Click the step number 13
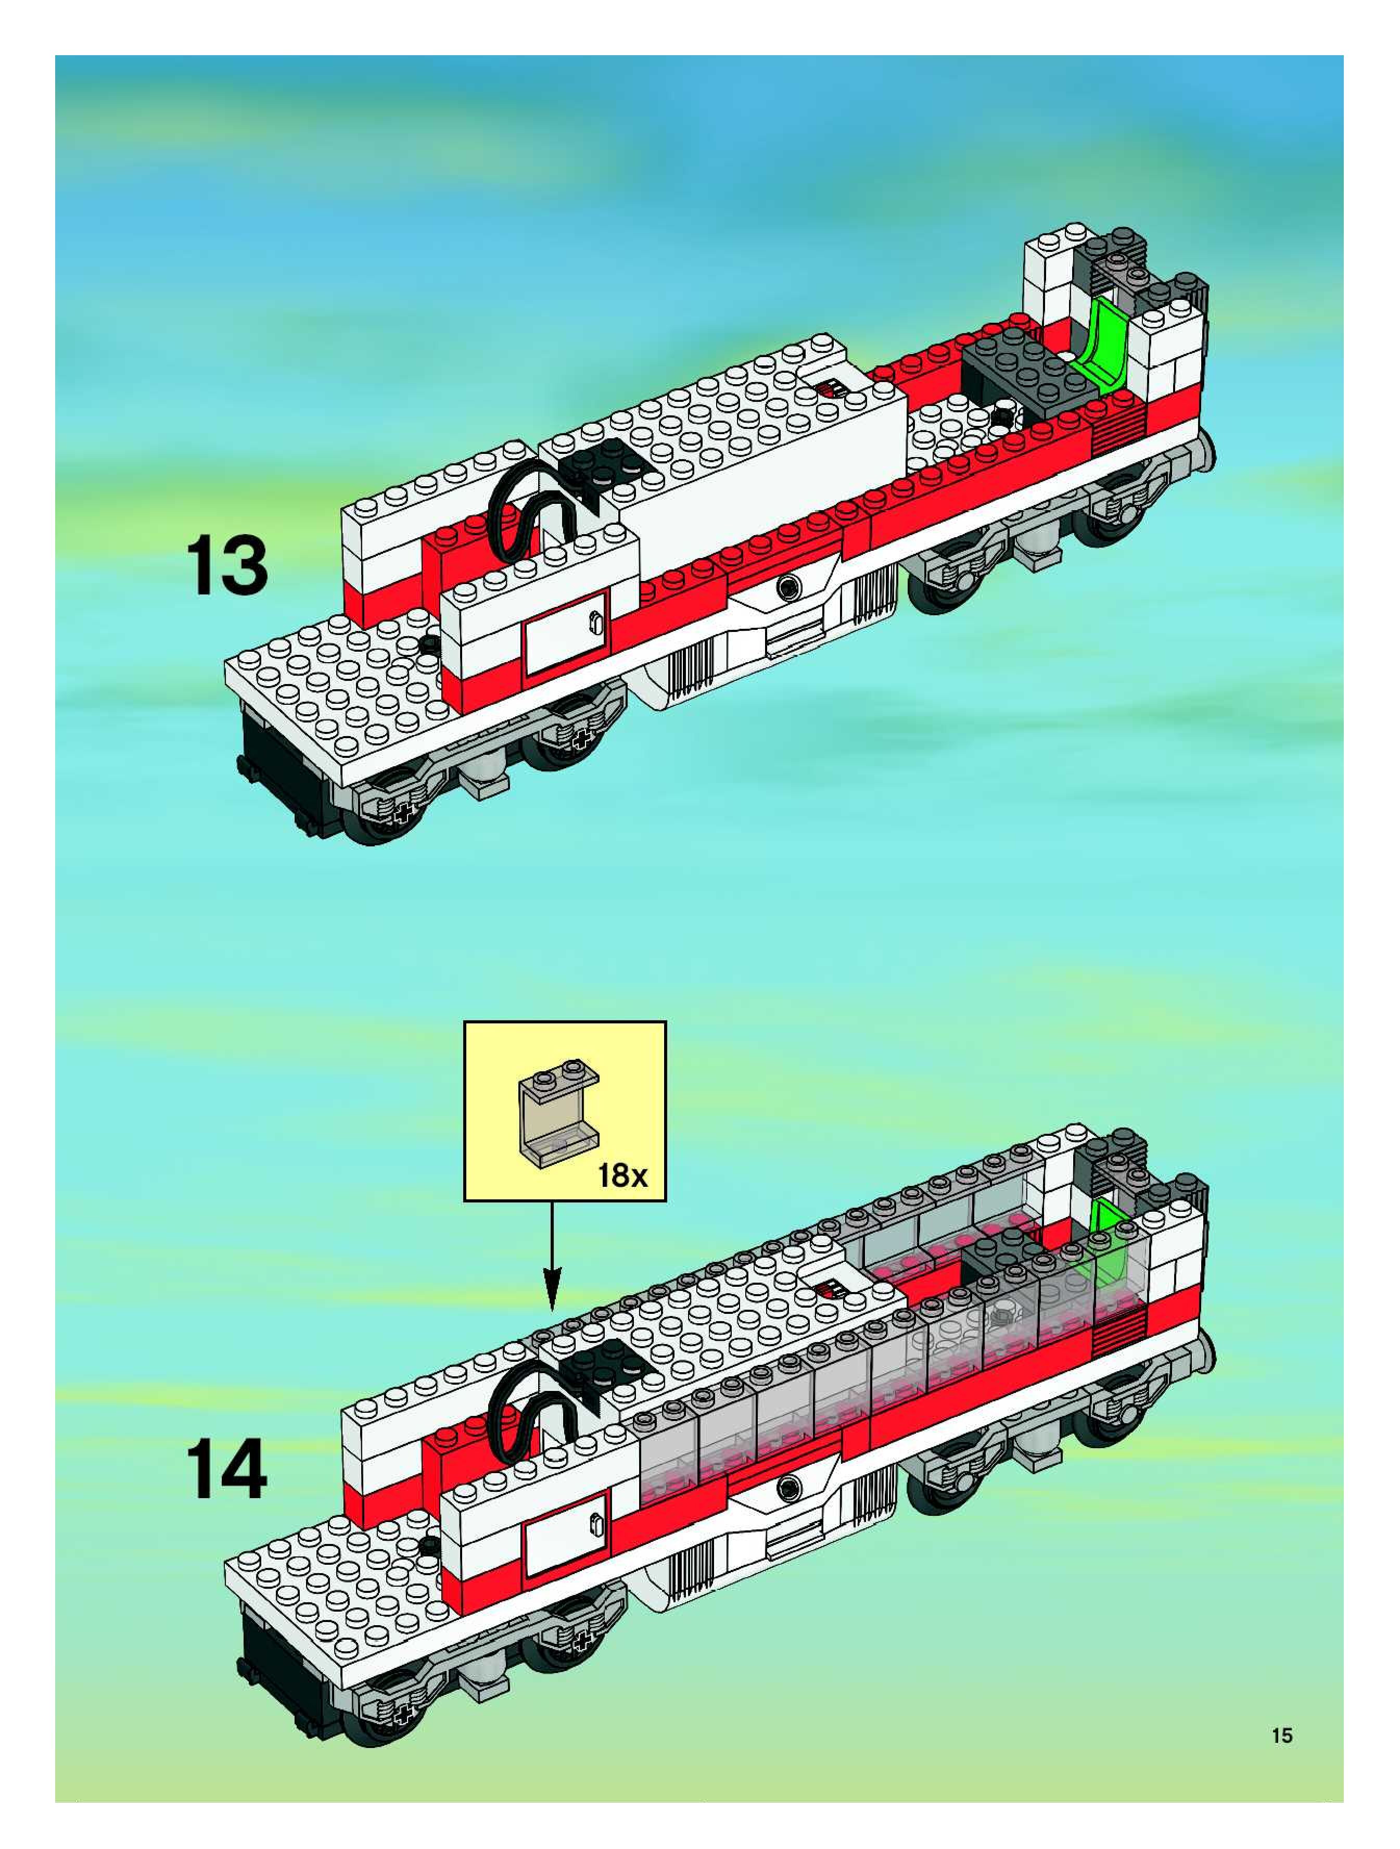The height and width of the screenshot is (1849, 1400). point(226,567)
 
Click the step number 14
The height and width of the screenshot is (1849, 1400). point(226,1470)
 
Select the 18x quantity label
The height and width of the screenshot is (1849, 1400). point(622,1176)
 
